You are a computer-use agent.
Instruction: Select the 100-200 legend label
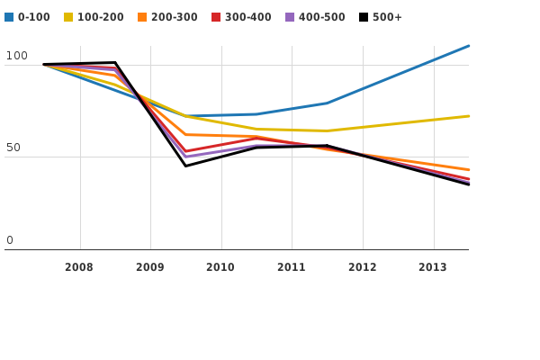pyautogui.click(x=100, y=17)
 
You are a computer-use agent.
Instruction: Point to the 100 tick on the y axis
pyautogui.click(x=17, y=56)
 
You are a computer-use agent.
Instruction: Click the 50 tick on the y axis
pyautogui.click(x=13, y=148)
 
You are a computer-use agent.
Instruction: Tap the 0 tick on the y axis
pyautogui.click(x=10, y=240)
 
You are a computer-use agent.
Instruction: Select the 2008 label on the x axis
pyautogui.click(x=79, y=267)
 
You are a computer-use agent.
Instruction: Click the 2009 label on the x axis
pyautogui.click(x=149, y=267)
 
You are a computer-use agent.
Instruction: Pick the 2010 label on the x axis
pyautogui.click(x=220, y=267)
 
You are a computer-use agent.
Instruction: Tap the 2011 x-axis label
pyautogui.click(x=291, y=267)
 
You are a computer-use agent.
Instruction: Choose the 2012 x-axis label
pyautogui.click(x=362, y=267)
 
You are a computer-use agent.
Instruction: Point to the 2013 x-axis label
pyautogui.click(x=432, y=267)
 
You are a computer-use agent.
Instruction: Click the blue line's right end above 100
pyautogui.click(x=468, y=46)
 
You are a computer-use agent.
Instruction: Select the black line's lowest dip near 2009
pyautogui.click(x=186, y=166)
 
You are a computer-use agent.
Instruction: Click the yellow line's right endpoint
pyautogui.click(x=468, y=116)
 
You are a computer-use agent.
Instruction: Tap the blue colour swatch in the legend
pyautogui.click(x=9, y=17)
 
